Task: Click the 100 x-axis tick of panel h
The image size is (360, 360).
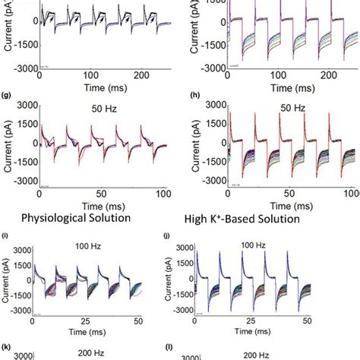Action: coord(336,194)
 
